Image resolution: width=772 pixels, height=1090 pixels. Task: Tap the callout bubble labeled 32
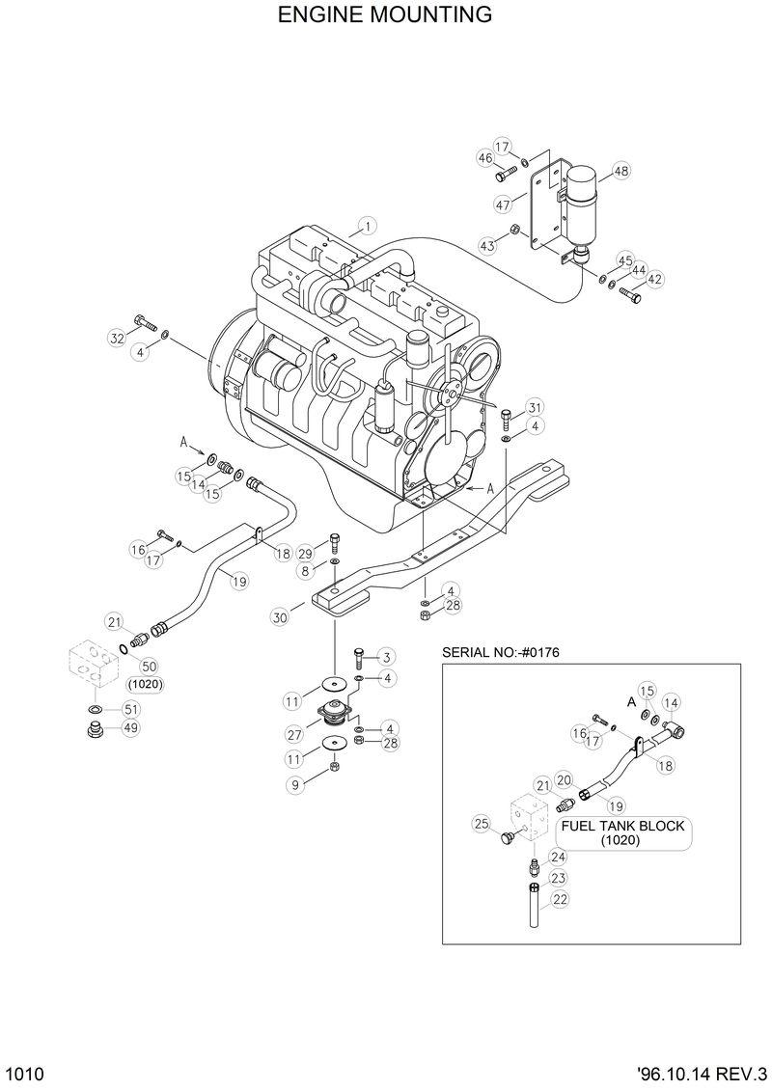(117, 337)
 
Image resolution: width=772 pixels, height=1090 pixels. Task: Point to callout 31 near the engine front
(535, 406)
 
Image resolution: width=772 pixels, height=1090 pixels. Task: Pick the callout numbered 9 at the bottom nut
(296, 785)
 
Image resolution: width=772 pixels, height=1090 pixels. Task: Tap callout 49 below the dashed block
(129, 728)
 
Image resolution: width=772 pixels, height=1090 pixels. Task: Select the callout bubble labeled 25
(482, 823)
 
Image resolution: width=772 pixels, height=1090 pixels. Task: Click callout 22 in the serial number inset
(560, 900)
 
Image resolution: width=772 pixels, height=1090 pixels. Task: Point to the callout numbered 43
(487, 246)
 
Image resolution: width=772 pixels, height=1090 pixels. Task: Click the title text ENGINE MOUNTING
(385, 15)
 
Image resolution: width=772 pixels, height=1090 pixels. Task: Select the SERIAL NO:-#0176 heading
(501, 653)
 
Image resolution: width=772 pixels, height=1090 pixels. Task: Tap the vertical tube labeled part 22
(532, 908)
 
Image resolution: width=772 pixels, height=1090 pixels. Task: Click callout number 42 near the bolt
(655, 279)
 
